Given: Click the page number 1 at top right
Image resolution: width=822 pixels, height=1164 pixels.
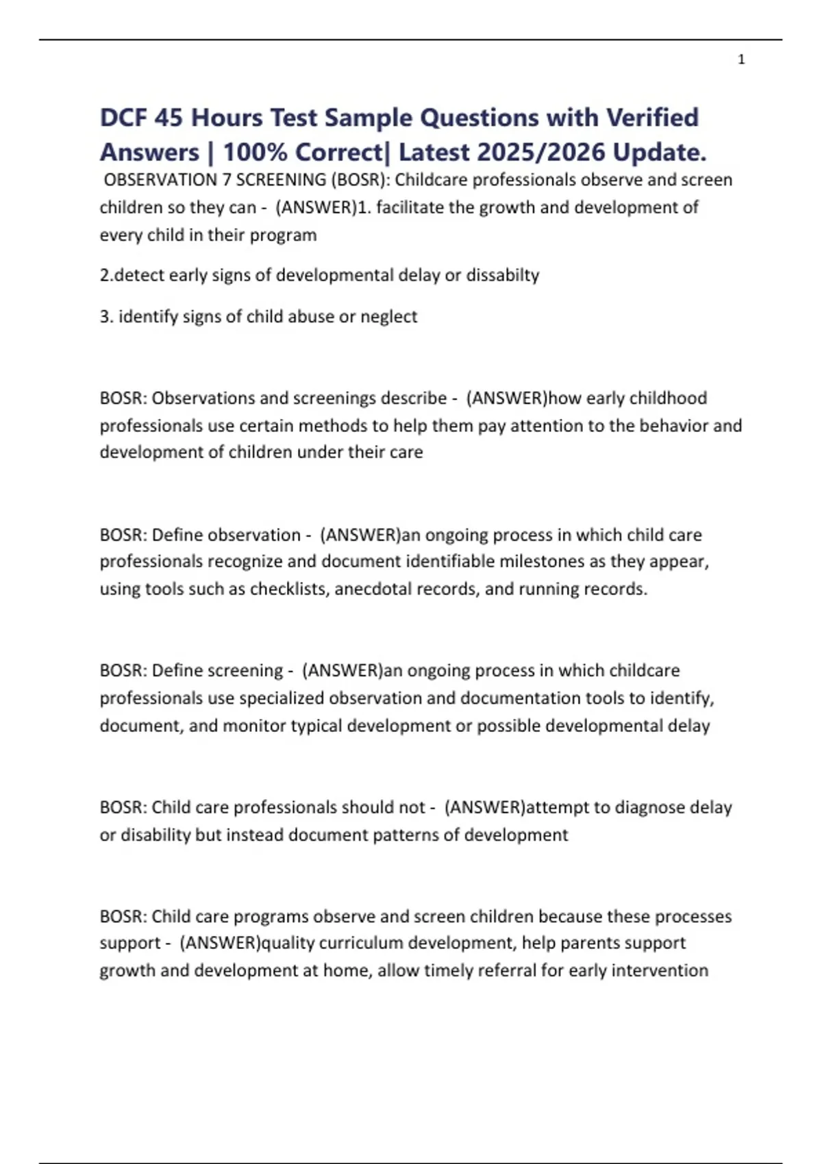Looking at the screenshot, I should point(741,60).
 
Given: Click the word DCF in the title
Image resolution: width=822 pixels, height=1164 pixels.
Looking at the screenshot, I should point(123,118).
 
